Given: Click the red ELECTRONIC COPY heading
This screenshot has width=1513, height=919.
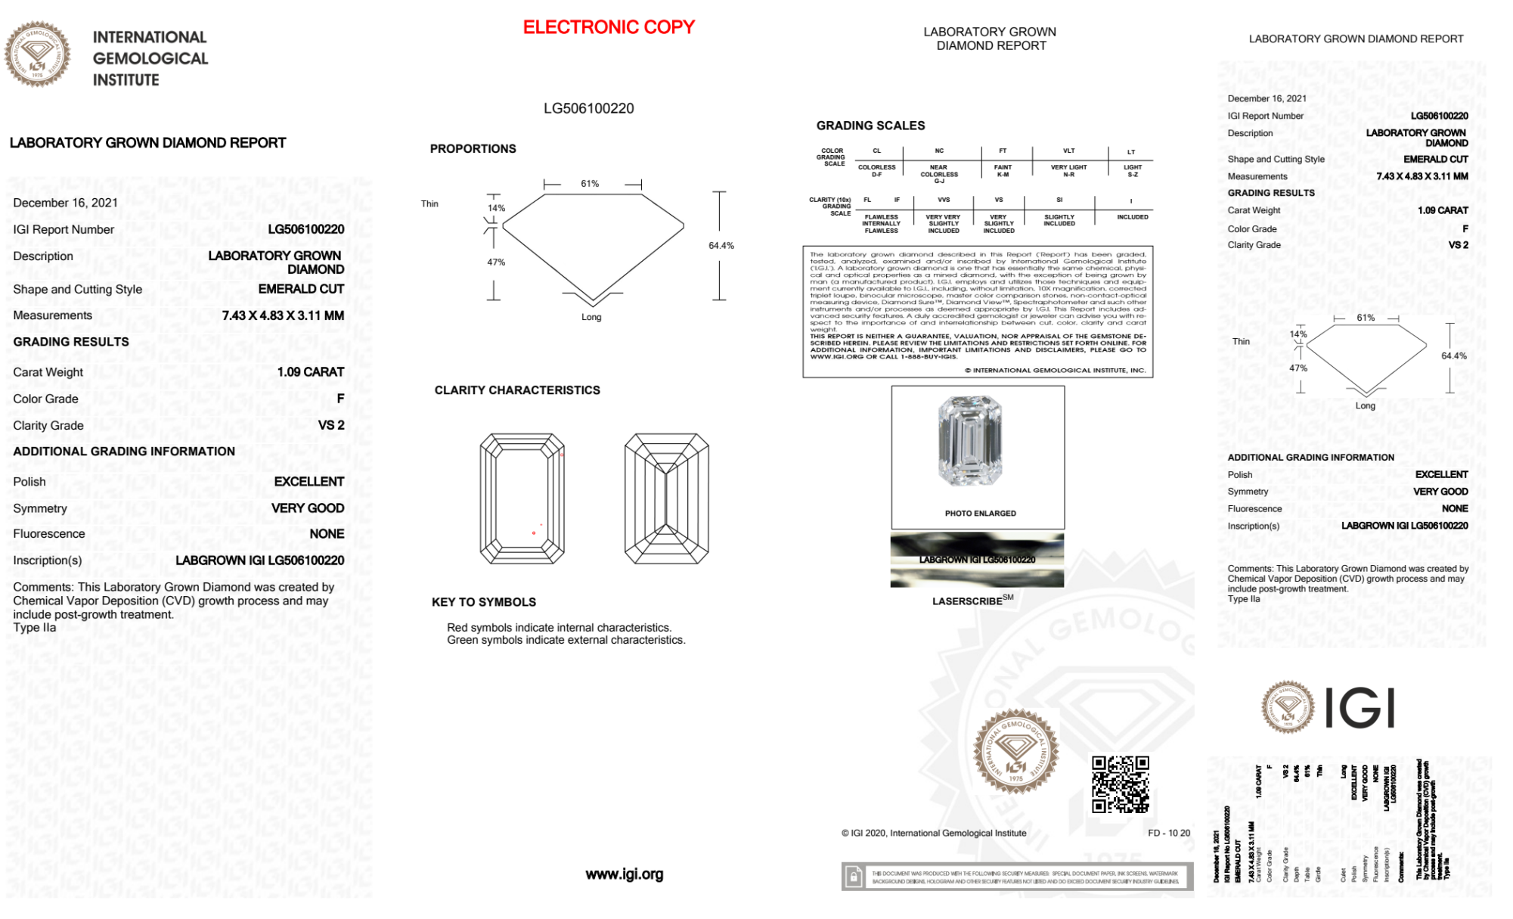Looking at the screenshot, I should [x=609, y=27].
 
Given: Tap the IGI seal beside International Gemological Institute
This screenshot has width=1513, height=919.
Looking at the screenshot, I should [x=37, y=54].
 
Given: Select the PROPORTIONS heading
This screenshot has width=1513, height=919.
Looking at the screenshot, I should [x=473, y=149].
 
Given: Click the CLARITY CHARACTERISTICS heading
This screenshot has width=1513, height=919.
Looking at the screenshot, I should [x=517, y=390].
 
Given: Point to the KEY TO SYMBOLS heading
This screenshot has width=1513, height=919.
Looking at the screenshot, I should [x=484, y=602].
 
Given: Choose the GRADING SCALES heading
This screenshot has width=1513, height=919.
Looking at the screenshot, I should [x=870, y=126].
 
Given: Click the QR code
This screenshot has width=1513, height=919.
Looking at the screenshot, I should [x=1120, y=784].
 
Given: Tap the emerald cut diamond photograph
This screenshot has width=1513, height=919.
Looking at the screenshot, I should [x=970, y=441].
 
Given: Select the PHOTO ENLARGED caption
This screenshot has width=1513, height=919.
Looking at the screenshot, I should [x=980, y=514].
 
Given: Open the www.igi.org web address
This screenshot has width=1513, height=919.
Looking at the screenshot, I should [x=624, y=874].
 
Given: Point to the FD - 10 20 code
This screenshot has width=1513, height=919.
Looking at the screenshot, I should [x=1168, y=834].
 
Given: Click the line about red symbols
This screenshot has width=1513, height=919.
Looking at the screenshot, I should [x=559, y=628].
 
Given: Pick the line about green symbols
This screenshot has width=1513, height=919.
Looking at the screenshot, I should [x=566, y=641].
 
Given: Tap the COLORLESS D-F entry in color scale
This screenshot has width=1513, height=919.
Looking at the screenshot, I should [x=876, y=170].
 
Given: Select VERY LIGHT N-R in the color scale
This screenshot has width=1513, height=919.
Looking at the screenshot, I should [x=1068, y=170].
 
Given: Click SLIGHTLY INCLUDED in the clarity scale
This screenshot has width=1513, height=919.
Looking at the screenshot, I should [x=1059, y=220].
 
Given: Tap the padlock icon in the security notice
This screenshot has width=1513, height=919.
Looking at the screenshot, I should [x=854, y=877].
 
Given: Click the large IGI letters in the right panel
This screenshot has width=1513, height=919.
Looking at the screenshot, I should [x=1360, y=709].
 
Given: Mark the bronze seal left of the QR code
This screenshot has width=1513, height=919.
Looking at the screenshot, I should [x=1015, y=751].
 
